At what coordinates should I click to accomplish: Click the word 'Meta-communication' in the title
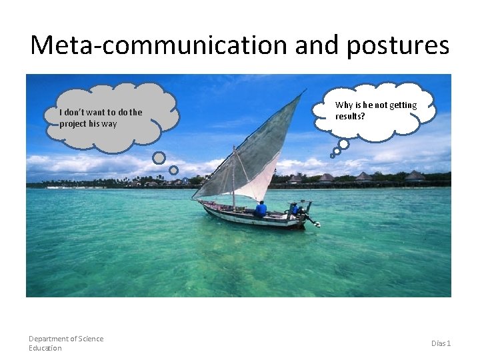159,45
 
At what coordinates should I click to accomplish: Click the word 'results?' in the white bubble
350,116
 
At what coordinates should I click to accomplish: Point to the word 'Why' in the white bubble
343,105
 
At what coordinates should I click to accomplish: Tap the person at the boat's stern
294,209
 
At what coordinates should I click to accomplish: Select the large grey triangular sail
257,150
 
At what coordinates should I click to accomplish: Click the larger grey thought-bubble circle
159,157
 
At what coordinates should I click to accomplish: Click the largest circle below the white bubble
343,143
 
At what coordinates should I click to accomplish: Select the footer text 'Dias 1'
441,343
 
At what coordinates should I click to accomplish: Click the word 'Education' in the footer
45,348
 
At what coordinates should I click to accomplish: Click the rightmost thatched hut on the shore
415,176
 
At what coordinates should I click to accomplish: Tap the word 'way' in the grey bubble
109,123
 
